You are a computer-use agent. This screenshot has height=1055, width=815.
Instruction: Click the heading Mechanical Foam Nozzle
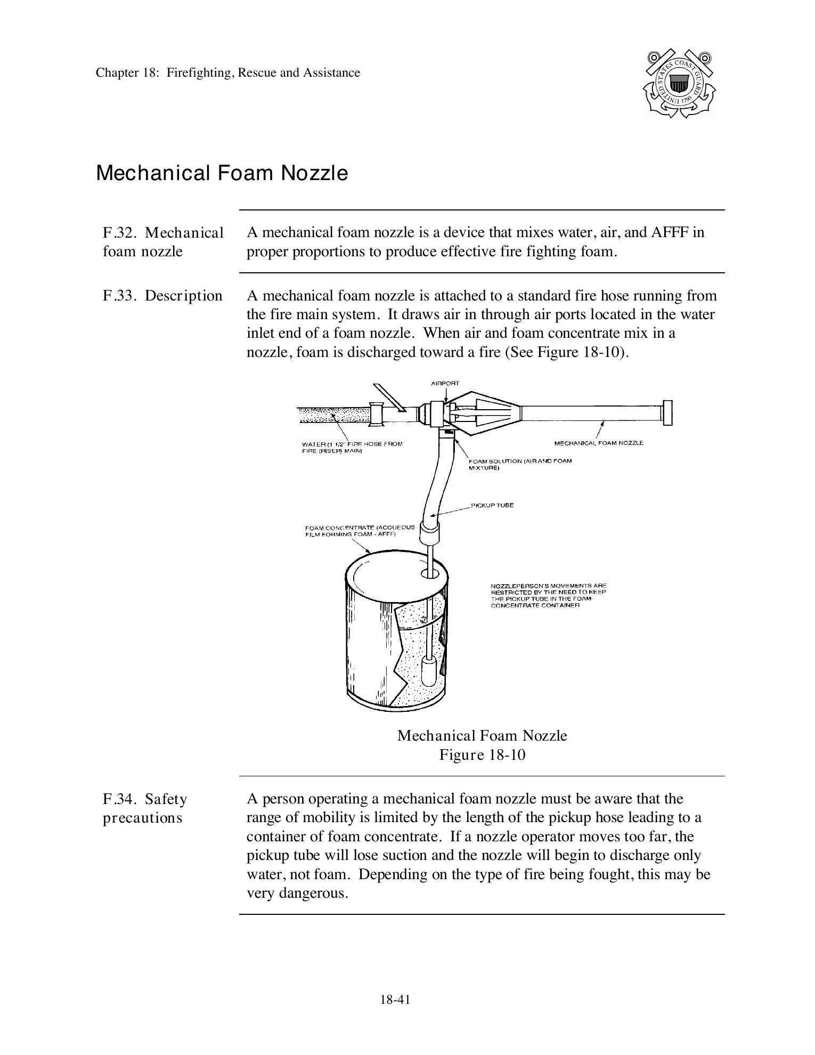click(x=222, y=173)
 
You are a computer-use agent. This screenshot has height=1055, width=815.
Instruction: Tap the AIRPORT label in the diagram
click(x=445, y=384)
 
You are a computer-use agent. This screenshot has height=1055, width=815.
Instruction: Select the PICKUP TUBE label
click(x=492, y=505)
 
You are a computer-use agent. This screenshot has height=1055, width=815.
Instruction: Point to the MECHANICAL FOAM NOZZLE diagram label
click(x=599, y=443)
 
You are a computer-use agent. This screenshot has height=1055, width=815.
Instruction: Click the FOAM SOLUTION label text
click(x=519, y=464)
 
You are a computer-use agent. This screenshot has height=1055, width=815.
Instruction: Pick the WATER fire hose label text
click(x=352, y=447)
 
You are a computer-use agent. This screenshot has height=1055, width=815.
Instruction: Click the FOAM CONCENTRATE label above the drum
click(x=360, y=530)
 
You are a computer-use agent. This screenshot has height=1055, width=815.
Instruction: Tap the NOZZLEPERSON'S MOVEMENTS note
click(x=548, y=596)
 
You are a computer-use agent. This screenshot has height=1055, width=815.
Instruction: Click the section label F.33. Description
click(x=162, y=296)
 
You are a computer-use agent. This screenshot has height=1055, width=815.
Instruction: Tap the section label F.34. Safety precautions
click(x=145, y=808)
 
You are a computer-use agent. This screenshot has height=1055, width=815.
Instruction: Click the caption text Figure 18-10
click(x=482, y=755)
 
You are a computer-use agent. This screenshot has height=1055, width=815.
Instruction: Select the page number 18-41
click(x=395, y=1000)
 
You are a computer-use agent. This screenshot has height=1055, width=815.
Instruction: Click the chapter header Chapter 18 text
click(x=227, y=72)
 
